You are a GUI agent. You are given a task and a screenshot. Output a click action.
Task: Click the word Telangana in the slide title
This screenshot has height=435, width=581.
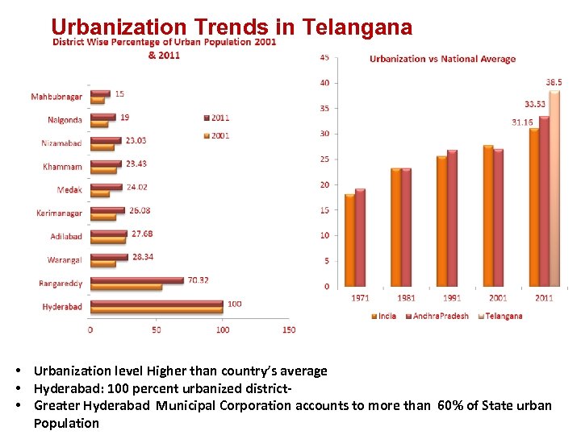(x=357, y=27)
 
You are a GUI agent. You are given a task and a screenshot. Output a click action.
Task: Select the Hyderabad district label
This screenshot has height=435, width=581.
(x=62, y=307)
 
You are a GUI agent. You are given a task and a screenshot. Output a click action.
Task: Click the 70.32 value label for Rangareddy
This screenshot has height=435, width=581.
(x=199, y=280)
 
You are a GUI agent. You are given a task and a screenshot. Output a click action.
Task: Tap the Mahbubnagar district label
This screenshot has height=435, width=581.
(x=56, y=97)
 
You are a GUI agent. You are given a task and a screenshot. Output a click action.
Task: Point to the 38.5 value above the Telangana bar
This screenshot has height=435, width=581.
(x=554, y=82)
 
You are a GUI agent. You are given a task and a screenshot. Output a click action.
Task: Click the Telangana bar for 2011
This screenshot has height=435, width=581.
(x=554, y=188)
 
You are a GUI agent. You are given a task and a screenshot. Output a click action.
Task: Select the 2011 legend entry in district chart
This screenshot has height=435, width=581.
(x=219, y=118)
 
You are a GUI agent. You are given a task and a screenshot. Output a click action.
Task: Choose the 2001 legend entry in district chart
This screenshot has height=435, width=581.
(x=219, y=135)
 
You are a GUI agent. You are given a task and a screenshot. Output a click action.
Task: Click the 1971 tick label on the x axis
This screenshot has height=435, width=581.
(x=360, y=298)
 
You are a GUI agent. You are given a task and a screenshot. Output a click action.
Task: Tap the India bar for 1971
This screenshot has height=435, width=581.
(x=349, y=240)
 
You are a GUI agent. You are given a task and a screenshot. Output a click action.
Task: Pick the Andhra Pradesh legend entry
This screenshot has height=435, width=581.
(x=441, y=316)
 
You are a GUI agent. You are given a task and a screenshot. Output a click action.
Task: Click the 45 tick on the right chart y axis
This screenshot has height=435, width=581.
(x=324, y=57)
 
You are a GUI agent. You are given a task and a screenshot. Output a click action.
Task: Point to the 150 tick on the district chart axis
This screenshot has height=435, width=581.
(x=289, y=329)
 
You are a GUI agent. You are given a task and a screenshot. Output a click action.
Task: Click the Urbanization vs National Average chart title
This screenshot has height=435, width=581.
(x=442, y=58)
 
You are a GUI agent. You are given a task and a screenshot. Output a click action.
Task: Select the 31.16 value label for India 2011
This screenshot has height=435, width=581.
(x=522, y=122)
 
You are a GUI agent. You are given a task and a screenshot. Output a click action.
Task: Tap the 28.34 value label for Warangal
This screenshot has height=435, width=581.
(x=143, y=256)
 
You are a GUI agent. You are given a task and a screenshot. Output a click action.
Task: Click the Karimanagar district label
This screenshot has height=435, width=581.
(x=59, y=213)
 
